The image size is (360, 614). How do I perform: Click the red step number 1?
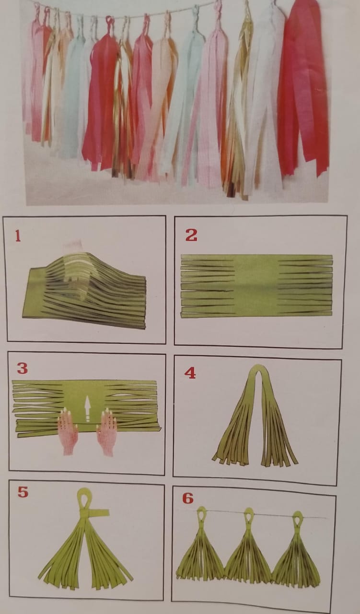(x=18, y=236)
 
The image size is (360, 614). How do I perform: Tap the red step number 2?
(x=191, y=235)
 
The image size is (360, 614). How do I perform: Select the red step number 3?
(x=23, y=368)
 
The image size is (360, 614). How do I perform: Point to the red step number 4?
(x=190, y=373)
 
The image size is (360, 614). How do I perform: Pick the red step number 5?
(x=23, y=492)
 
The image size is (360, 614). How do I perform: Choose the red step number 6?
(x=188, y=498)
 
